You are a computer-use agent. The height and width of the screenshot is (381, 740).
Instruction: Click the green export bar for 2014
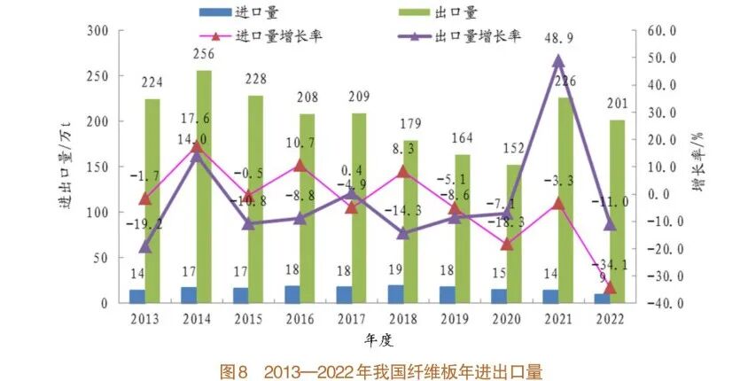(204, 186)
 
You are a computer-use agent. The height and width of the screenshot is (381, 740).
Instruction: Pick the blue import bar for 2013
(136, 296)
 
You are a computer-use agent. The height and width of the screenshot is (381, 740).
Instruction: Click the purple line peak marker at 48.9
(558, 61)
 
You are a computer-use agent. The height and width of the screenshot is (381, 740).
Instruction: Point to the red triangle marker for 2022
(610, 287)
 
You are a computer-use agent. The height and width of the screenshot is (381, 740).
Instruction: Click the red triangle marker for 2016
(300, 165)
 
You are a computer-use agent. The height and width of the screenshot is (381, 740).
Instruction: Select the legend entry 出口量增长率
(478, 36)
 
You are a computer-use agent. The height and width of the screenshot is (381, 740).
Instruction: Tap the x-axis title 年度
(377, 339)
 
